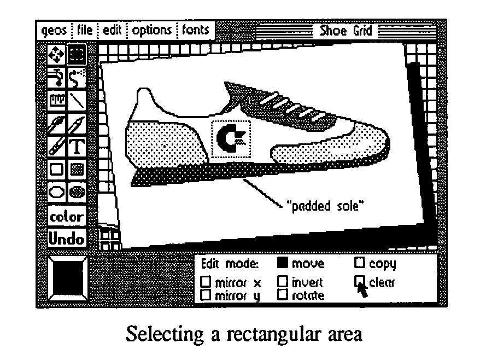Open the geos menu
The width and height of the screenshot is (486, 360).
(54, 30)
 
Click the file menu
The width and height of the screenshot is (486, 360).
(85, 30)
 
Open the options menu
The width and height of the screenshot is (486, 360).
(151, 30)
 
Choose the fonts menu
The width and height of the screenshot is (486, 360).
(196, 30)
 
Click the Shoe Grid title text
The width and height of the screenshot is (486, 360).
(346, 30)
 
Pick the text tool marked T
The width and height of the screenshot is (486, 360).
(78, 147)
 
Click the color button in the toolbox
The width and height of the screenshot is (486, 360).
(67, 217)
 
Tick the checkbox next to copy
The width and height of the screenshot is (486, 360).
(360, 264)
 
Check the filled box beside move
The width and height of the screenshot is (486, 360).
(283, 264)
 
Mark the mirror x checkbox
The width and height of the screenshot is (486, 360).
(206, 283)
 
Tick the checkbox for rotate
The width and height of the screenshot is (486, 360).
(283, 295)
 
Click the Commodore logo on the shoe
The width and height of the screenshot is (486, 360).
(231, 138)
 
